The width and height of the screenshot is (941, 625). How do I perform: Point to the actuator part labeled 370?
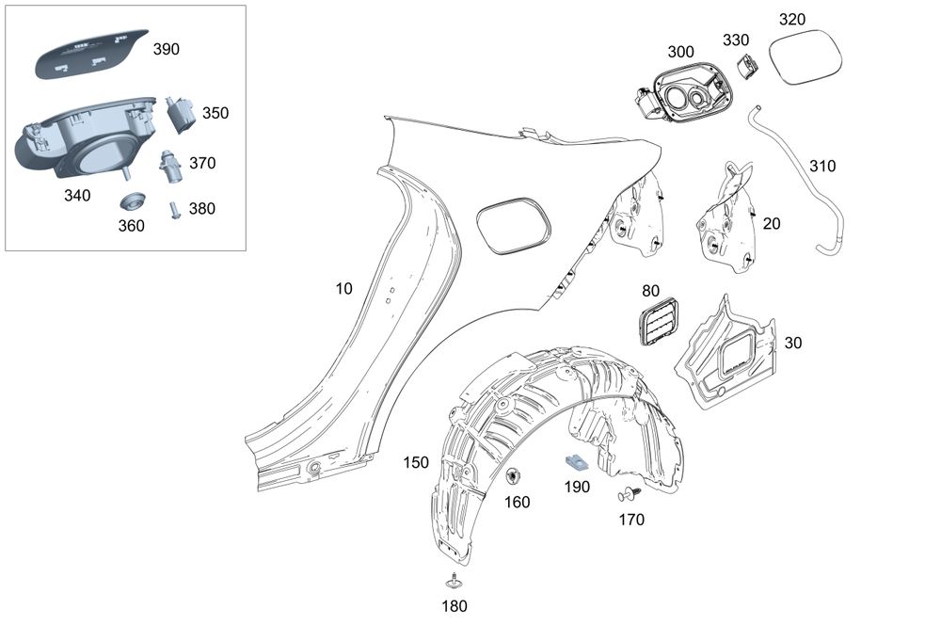[x=170, y=167]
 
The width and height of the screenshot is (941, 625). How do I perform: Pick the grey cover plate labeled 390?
[x=90, y=53]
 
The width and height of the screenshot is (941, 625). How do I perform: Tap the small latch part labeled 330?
[x=748, y=67]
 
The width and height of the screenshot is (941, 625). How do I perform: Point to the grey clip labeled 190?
[x=573, y=463]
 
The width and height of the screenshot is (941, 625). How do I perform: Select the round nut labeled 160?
[x=515, y=477]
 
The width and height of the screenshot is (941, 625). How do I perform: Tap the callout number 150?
[x=415, y=462]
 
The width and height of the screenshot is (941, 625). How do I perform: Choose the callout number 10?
[x=344, y=289]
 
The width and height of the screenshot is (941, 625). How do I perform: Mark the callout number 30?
[x=792, y=344]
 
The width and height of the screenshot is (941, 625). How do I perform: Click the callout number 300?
[x=680, y=51]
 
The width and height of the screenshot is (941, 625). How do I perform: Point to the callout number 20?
[x=772, y=223]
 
